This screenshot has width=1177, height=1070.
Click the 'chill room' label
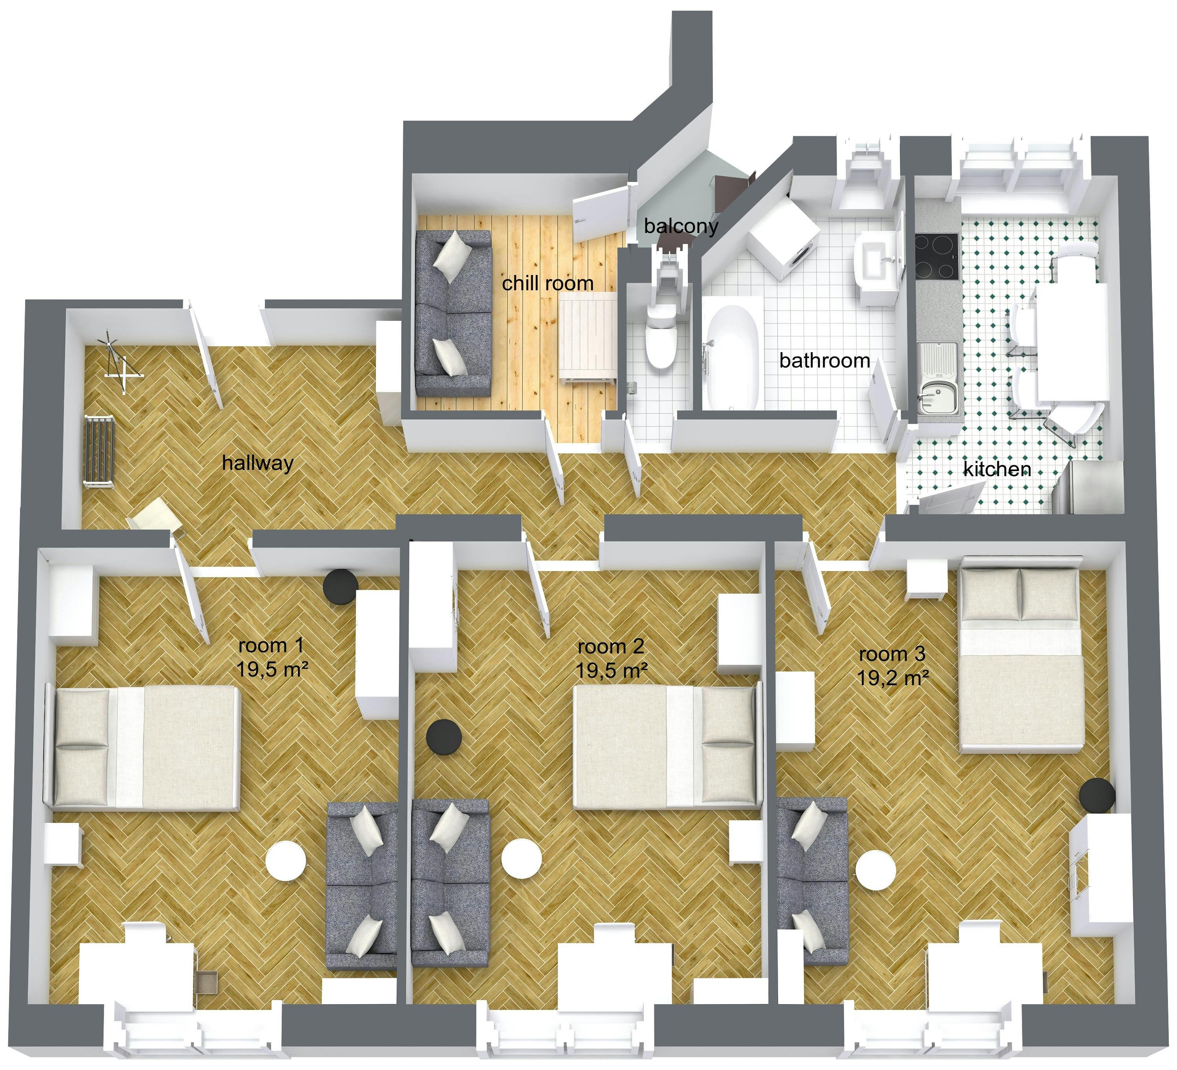(548, 284)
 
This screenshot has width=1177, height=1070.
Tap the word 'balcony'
(681, 226)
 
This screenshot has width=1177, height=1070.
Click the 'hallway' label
(257, 463)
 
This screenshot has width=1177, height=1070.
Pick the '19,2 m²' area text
(893, 678)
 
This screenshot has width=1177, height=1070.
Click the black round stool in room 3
(1097, 795)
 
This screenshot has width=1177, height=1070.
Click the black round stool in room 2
(444, 737)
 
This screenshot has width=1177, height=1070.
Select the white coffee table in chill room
(588, 338)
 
